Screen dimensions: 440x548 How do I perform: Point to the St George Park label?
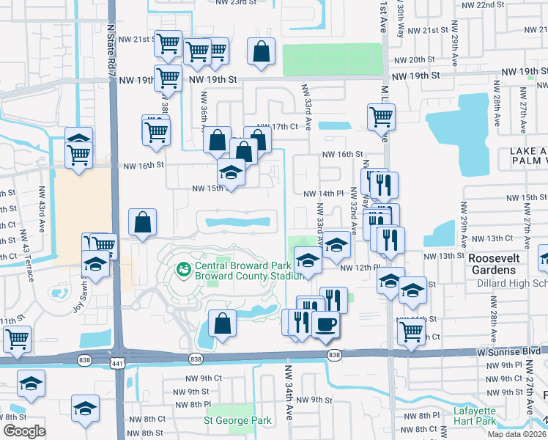pos(237,420)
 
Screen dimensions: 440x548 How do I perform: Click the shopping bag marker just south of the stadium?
pos(222,323)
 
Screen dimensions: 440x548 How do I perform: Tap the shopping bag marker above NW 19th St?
pos(261,51)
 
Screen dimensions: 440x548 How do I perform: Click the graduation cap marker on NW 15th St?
pos(231,174)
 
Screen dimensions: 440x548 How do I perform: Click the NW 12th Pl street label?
pos(358,268)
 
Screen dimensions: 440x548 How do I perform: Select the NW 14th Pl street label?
pos(324,192)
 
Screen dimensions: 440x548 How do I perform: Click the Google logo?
pos(24,432)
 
